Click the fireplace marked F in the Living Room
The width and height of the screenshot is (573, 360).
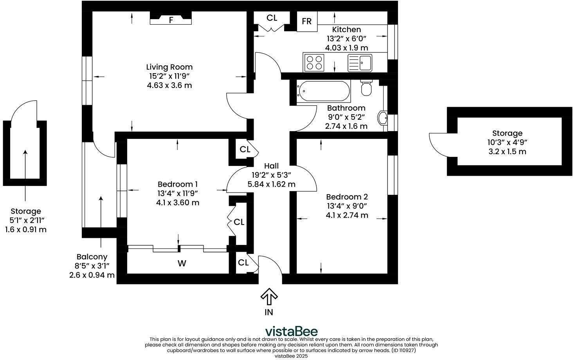tap(171, 20)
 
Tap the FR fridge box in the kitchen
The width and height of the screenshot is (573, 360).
tap(307, 21)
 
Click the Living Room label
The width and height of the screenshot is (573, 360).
tap(169, 67)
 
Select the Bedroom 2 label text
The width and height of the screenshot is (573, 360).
tap(347, 197)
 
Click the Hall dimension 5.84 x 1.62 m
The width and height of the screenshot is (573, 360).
tap(271, 184)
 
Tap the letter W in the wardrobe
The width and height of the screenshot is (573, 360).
tap(182, 264)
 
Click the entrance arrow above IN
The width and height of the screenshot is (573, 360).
tap(269, 297)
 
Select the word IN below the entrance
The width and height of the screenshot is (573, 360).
tap(269, 312)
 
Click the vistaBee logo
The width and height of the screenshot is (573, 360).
tap(291, 331)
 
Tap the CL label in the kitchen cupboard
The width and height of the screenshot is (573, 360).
tap(272, 18)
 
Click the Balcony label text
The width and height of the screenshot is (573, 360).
tap(92, 257)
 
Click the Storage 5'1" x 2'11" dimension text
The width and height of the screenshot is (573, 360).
tap(25, 220)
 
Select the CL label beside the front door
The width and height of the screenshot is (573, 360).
tap(243, 263)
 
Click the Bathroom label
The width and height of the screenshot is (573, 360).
tap(346, 108)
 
